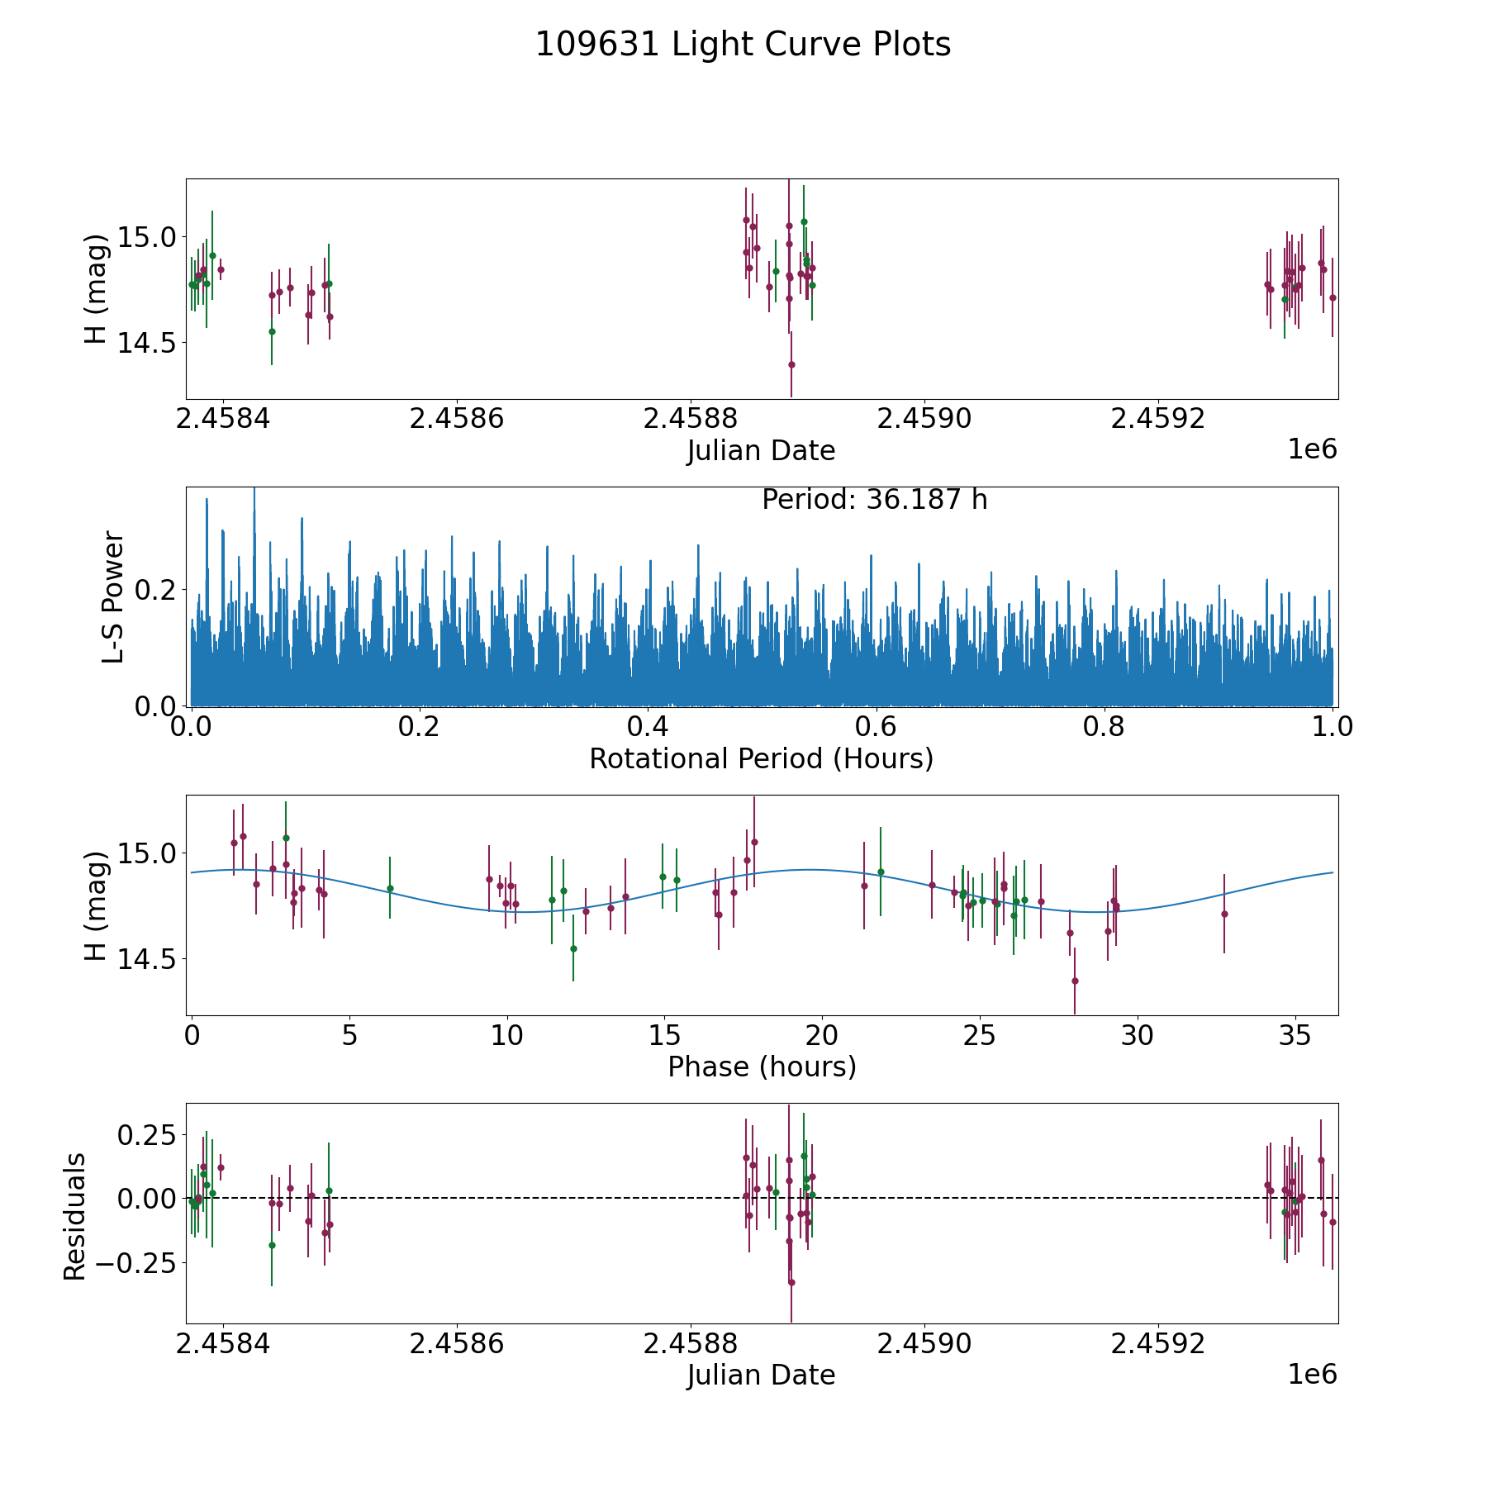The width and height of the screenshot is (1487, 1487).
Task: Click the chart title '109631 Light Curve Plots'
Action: [743, 45]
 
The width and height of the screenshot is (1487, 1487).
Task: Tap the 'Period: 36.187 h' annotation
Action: [874, 500]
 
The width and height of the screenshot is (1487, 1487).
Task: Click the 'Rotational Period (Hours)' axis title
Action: [761, 758]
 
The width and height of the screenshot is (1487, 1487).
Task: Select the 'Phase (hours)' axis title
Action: [761, 1067]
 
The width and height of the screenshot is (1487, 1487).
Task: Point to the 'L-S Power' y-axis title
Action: [113, 596]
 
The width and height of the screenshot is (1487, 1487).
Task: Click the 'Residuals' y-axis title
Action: [75, 1216]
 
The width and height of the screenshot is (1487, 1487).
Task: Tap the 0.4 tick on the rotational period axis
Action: [648, 727]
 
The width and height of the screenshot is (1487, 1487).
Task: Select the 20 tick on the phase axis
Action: [822, 1036]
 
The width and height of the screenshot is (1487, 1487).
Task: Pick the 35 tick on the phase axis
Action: [1295, 1036]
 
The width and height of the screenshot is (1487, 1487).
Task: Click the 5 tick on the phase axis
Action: [349, 1036]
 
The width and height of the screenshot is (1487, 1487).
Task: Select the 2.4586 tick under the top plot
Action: [457, 419]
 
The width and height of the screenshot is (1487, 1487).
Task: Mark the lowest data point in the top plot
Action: [791, 364]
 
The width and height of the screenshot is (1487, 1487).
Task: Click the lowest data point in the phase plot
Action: [1075, 981]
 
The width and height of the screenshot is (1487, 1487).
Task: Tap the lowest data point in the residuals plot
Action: [791, 1282]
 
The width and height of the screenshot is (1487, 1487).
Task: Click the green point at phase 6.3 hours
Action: [390, 888]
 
